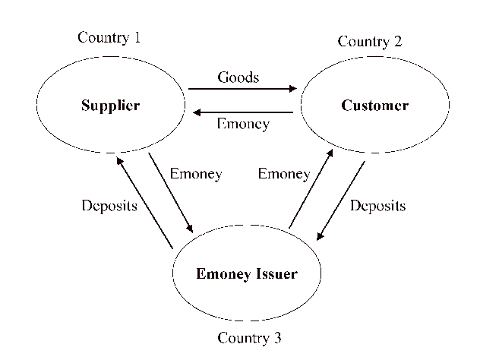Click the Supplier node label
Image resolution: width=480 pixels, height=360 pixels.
tap(110, 106)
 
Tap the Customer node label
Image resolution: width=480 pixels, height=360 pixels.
tap(374, 106)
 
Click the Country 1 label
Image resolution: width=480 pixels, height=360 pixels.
tap(109, 37)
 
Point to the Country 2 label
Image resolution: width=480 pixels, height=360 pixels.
tap(370, 42)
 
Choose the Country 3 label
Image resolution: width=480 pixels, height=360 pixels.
tap(249, 337)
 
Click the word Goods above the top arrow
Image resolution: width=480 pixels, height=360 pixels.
tap(238, 77)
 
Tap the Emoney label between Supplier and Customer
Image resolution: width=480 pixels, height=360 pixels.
tap(243, 124)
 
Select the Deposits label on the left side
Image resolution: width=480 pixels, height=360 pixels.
tap(109, 206)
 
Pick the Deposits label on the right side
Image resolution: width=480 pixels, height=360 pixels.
tap(377, 206)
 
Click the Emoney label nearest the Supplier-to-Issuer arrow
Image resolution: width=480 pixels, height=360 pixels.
tap(196, 174)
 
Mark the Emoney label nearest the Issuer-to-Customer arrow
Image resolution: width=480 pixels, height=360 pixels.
tap(284, 174)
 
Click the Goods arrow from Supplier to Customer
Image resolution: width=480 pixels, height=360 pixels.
tap(242, 89)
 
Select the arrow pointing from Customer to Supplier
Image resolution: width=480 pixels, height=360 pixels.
tap(242, 112)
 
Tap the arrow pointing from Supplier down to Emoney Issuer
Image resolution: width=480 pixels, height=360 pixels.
tap(170, 193)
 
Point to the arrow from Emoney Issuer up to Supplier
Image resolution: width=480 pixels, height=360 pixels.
tap(145, 201)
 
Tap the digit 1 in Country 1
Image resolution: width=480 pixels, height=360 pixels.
tap(137, 37)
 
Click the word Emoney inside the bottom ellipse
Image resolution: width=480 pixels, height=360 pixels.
tap(219, 274)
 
